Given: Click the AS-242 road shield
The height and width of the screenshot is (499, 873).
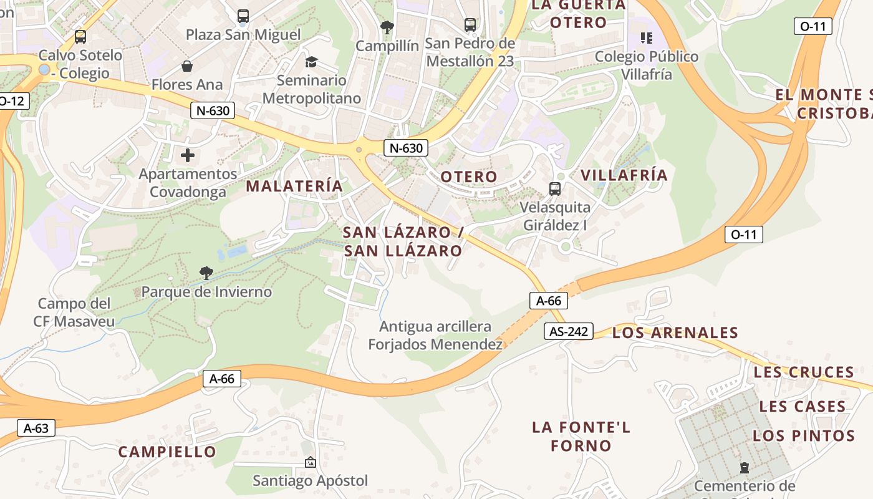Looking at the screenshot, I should click(x=567, y=331).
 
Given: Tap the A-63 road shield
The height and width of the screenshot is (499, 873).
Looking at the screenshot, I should click(x=36, y=428).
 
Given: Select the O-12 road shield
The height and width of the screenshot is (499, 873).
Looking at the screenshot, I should click(x=12, y=100).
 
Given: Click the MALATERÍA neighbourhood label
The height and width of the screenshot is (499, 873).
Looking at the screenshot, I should click(x=294, y=186).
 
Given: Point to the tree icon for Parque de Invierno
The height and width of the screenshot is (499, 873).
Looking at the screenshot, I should click(x=206, y=273).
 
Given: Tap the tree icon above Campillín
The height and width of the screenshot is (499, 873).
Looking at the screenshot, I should click(x=387, y=27).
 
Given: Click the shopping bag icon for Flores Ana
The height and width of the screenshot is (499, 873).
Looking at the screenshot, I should click(x=186, y=65).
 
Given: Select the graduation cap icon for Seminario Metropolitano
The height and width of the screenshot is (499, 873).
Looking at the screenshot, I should click(x=311, y=62).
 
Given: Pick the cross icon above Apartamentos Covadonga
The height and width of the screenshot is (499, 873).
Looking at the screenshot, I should click(x=188, y=155).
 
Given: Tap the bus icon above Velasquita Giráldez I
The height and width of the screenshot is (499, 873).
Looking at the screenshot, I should click(x=554, y=188).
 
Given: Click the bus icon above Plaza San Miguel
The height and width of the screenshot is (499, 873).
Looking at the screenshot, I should click(x=243, y=16).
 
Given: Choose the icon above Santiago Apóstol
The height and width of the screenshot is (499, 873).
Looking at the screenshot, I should click(x=310, y=462).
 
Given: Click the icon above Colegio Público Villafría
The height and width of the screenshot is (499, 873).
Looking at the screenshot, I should click(x=647, y=38).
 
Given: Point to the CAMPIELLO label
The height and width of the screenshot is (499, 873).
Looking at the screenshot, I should click(x=167, y=452).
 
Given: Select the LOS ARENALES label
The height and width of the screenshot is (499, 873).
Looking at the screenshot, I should click(x=675, y=332).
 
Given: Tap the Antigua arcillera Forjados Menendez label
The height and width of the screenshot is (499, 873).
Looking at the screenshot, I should click(x=435, y=335).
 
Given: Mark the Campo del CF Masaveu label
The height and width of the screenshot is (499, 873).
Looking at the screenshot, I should click(x=74, y=312).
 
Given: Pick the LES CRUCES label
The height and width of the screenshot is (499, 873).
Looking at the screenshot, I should click(x=804, y=372).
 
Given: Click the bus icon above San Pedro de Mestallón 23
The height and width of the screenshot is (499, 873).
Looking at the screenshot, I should click(x=470, y=25).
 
